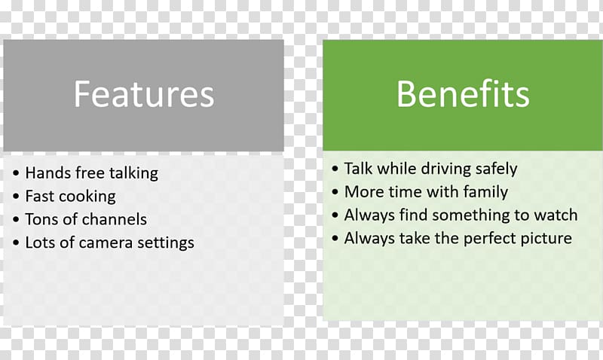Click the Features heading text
pos(144,94)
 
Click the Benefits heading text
pos(463,93)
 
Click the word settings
pos(166,243)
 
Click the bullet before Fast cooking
pos(16,197)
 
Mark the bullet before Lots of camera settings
pos(16,243)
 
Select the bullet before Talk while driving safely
pos(335,169)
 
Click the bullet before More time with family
pos(335,192)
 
